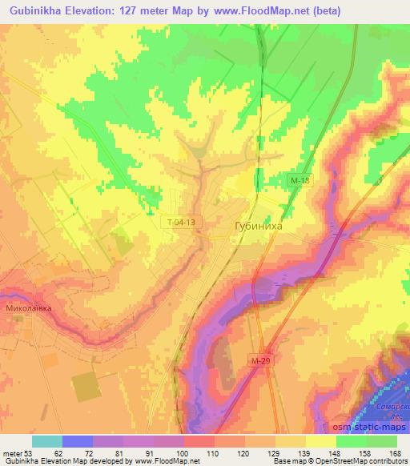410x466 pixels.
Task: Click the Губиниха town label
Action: click(x=258, y=227)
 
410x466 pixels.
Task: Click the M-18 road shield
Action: click(x=299, y=182)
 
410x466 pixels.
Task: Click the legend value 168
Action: click(x=394, y=452)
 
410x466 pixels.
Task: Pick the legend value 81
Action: click(x=119, y=452)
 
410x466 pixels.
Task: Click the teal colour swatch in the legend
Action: click(x=47, y=440)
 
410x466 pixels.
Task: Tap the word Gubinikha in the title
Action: click(x=38, y=10)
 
